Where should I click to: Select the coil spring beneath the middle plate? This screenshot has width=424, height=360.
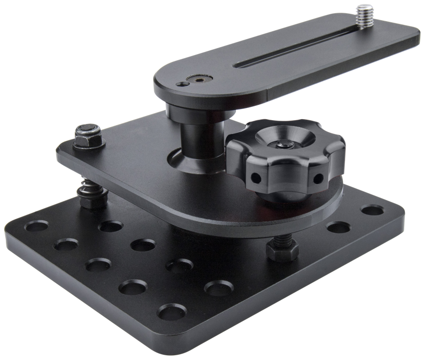(85, 191)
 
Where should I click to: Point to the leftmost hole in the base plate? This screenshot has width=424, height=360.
(37, 227)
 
